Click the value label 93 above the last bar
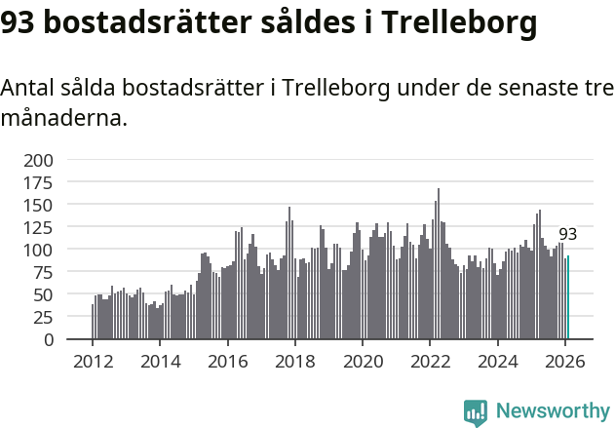point(567,235)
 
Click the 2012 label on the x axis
point(93,362)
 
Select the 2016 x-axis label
point(227,362)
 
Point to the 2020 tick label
point(363,362)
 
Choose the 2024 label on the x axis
point(498,362)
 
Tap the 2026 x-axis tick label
point(565,362)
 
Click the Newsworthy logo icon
point(476,412)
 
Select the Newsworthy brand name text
point(553,412)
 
